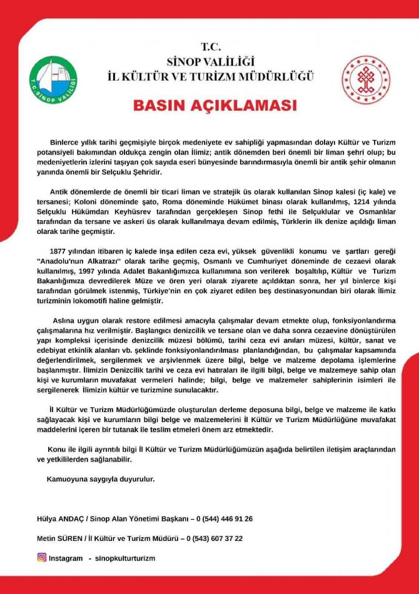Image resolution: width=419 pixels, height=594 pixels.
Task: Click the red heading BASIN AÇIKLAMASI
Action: pyautogui.click(x=209, y=104)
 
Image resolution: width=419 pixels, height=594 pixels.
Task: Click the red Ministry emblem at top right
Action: pyautogui.click(x=365, y=79)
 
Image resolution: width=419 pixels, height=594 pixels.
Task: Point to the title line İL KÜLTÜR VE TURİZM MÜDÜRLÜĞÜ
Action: pyautogui.click(x=209, y=76)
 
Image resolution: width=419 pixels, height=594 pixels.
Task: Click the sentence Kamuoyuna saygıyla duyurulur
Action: pyautogui.click(x=100, y=479)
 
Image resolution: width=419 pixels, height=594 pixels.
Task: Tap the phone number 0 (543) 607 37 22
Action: pyautogui.click(x=214, y=538)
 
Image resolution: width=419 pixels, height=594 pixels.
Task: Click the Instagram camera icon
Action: pyautogui.click(x=42, y=558)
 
